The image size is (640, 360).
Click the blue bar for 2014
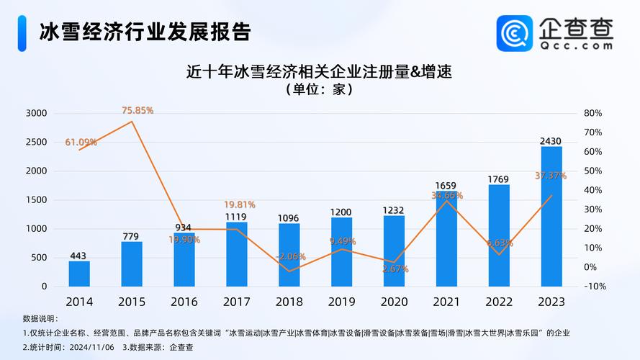coord(79,274)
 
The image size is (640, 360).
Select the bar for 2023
coord(551,216)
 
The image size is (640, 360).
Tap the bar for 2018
coord(289,255)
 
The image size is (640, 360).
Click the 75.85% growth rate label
coord(138,110)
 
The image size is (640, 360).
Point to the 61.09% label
coord(81,142)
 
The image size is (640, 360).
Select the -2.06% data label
coord(290,256)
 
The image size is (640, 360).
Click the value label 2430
coord(551,141)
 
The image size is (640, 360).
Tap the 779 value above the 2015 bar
coord(132,237)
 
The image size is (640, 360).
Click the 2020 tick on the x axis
coord(394,301)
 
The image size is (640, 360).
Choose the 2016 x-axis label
coord(184,301)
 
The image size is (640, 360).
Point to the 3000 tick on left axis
coord(36,113)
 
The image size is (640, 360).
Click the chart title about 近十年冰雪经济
coord(323,71)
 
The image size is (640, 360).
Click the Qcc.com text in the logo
coord(576,45)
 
